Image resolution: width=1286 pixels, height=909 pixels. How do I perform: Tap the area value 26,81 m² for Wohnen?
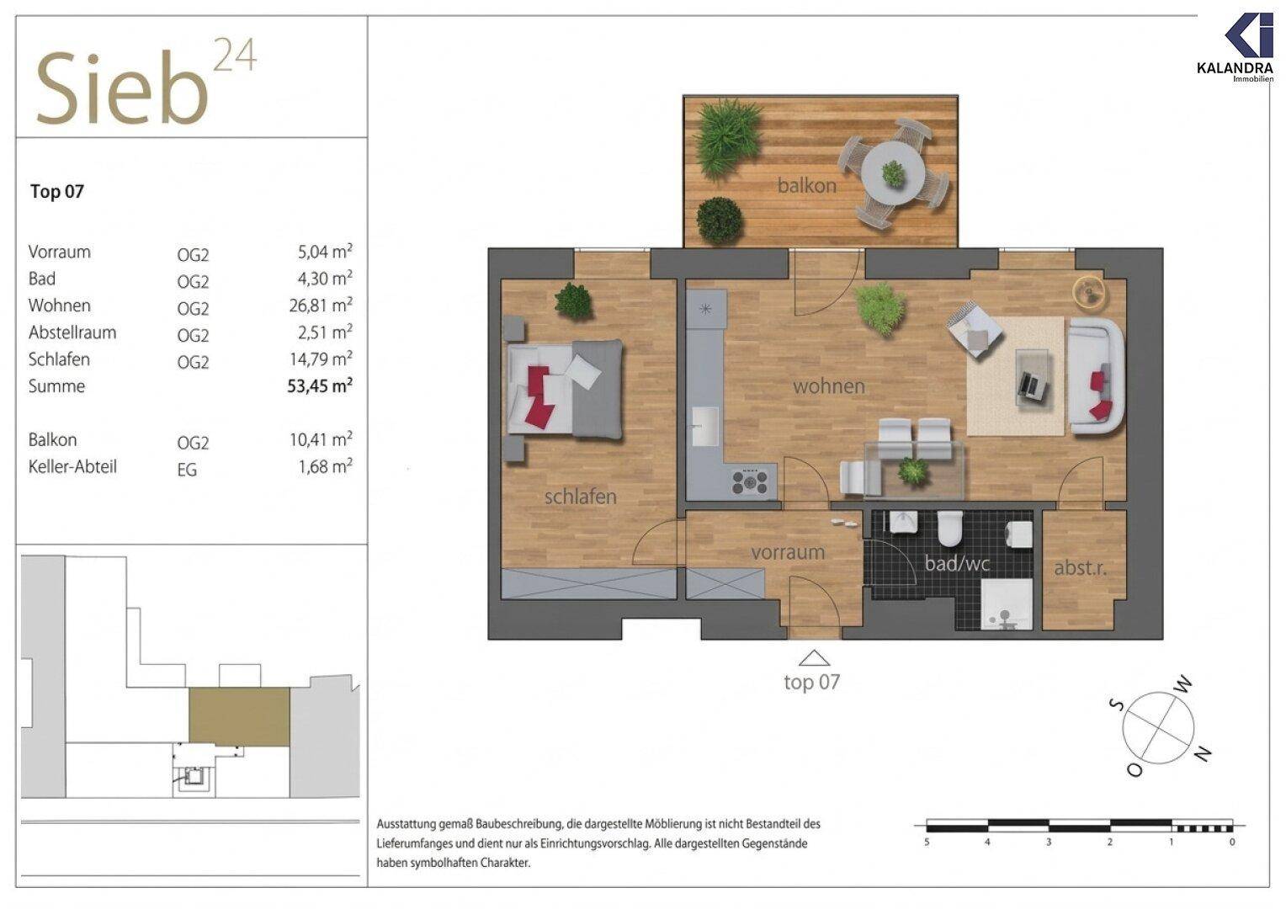click(x=321, y=305)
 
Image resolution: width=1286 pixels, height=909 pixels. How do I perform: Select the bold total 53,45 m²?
click(x=320, y=385)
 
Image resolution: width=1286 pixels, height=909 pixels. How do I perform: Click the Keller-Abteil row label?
click(x=72, y=466)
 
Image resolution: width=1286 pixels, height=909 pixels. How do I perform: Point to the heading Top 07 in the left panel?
click(x=57, y=191)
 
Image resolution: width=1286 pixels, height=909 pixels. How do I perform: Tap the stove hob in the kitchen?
click(x=750, y=481)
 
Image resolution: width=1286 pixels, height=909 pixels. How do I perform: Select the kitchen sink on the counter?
click(x=705, y=427)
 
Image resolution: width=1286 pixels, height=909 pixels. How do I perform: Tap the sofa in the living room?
click(x=1096, y=375)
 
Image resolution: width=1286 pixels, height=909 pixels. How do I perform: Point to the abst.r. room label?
click(x=1080, y=568)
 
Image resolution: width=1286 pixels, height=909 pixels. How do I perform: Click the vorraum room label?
click(x=788, y=552)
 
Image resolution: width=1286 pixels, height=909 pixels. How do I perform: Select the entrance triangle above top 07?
click(x=814, y=658)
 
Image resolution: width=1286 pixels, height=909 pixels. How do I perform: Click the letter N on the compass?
click(x=1204, y=754)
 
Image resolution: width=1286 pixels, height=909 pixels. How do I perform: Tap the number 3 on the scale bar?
click(x=1049, y=843)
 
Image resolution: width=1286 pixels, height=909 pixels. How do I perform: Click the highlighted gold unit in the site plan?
click(x=239, y=716)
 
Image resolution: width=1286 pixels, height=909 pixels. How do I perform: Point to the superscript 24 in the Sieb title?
click(x=236, y=55)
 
